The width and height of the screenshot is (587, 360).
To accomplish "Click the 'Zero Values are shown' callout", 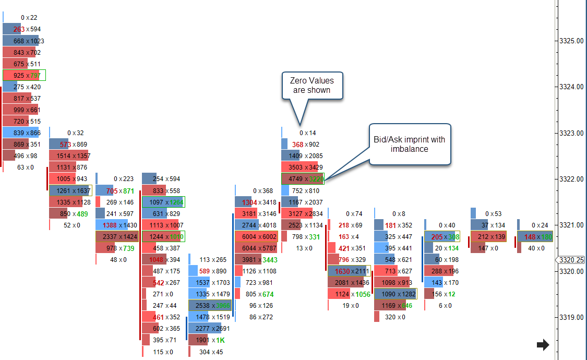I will coord(312,86).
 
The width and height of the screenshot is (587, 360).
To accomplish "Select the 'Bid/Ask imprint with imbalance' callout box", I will coord(409,145).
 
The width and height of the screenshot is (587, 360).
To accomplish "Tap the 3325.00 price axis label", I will coord(570,41).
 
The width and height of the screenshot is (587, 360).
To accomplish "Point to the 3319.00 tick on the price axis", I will coord(570,317).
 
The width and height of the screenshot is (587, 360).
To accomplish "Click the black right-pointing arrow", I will coord(543,344).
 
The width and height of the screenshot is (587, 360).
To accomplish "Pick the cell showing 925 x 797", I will coord(24,76).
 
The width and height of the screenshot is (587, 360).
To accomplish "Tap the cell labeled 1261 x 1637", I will coord(70,190).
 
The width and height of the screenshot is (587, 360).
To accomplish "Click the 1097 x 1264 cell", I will coord(163,202).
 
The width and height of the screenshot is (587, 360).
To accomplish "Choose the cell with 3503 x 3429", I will coord(303,167).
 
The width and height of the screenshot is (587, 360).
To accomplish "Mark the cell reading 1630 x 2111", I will coord(349,271).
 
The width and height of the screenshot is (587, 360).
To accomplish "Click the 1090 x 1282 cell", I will coord(396,294).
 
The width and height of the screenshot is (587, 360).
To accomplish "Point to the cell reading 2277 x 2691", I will coord(209,329).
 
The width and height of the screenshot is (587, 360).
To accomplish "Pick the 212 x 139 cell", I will coord(488,236).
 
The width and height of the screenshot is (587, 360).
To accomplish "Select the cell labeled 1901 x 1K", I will coord(209,340).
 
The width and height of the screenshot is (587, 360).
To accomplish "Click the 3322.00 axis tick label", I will coord(570,179).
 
